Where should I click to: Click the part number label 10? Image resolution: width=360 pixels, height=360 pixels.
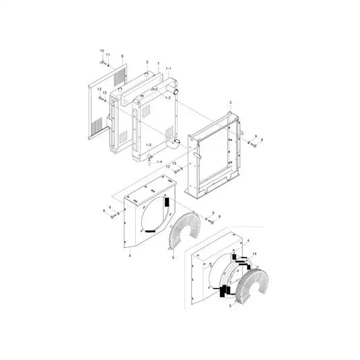(102, 51)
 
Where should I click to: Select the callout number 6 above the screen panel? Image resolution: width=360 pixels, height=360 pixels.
(122, 57)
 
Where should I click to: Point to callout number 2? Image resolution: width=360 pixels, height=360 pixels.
(147, 62)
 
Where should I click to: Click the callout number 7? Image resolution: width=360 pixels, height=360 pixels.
(158, 65)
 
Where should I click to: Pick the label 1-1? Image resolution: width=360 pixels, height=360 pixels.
(169, 69)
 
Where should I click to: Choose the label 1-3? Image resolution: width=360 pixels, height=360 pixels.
(148, 145)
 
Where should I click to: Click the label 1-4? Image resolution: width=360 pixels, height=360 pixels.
(159, 162)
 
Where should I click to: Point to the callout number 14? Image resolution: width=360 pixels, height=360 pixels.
(254, 253)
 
